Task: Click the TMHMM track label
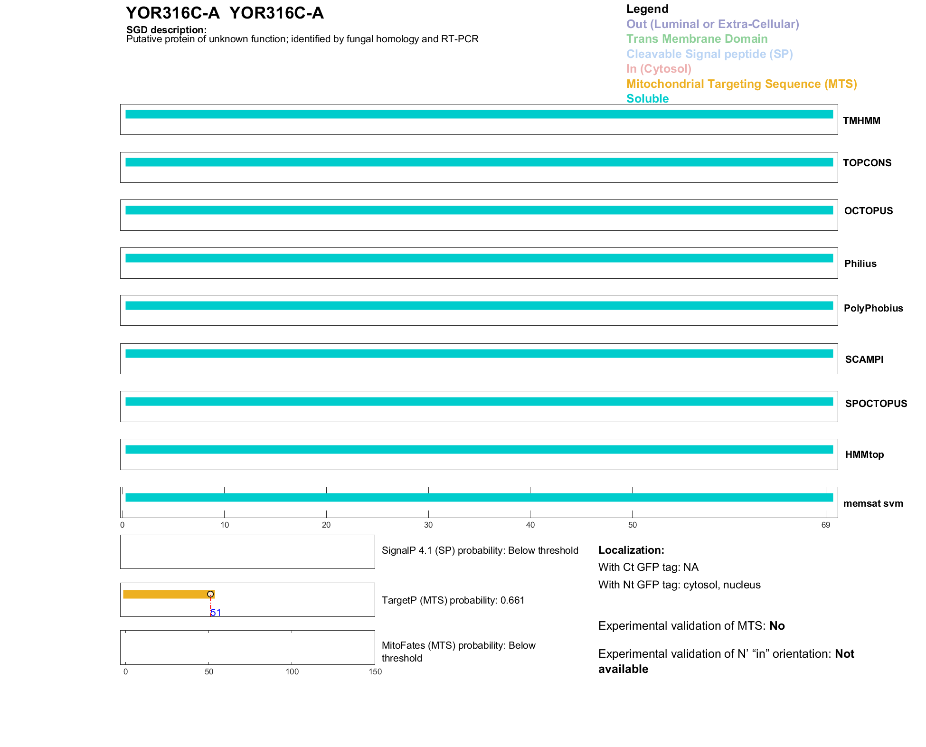click(x=861, y=121)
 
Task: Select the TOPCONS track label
click(x=867, y=163)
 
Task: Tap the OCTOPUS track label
click(x=868, y=211)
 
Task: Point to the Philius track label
click(x=860, y=264)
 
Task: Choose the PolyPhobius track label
click(x=873, y=308)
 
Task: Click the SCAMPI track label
click(x=864, y=359)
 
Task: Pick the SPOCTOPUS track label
click(x=876, y=404)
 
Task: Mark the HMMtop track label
click(x=864, y=454)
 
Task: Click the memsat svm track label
click(x=873, y=503)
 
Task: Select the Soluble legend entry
click(x=647, y=99)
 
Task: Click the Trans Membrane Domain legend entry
click(x=697, y=39)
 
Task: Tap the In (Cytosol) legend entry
click(x=659, y=69)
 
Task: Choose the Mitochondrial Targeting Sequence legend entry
click(x=741, y=84)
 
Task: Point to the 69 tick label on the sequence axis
click(x=825, y=525)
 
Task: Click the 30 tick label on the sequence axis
click(x=428, y=525)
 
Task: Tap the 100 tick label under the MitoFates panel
click(x=292, y=671)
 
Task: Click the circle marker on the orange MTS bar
click(x=210, y=594)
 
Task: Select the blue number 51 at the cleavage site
click(x=216, y=613)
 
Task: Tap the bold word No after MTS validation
click(x=777, y=626)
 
